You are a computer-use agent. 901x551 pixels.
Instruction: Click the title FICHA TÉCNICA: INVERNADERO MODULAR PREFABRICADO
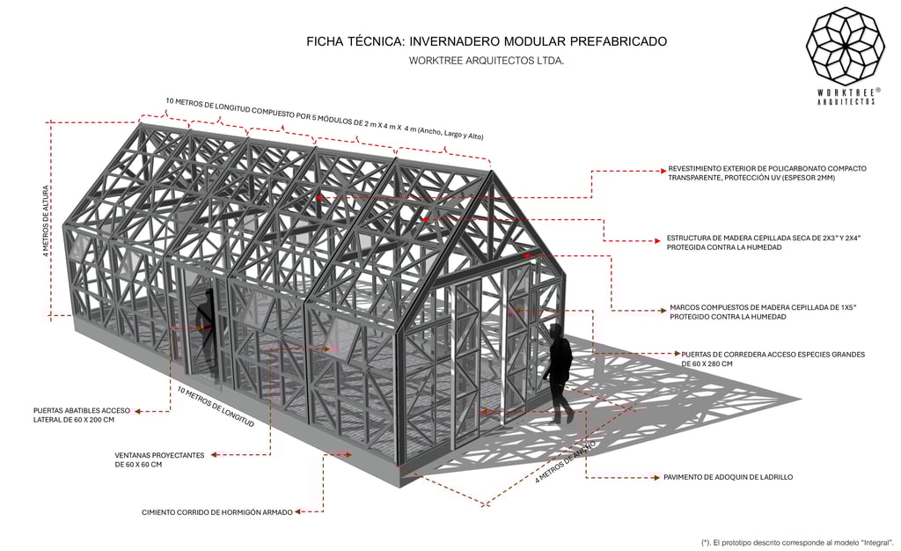[487, 41]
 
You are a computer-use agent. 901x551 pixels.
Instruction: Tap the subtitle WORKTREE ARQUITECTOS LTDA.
[487, 62]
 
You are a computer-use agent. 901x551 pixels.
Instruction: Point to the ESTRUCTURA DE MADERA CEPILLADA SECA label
[764, 243]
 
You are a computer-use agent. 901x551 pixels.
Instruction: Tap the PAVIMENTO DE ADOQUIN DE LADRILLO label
[728, 477]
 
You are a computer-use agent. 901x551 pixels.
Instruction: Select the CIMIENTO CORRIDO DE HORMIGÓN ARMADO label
[216, 511]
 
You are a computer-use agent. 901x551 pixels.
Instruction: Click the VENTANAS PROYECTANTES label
[159, 459]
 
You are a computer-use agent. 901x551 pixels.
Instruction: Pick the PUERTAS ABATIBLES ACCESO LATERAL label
[81, 415]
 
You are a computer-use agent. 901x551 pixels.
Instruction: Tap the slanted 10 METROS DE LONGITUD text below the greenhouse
[216, 408]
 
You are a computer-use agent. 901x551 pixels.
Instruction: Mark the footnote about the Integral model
[797, 542]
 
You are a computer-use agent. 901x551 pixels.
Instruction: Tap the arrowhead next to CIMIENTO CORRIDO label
[300, 511]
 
